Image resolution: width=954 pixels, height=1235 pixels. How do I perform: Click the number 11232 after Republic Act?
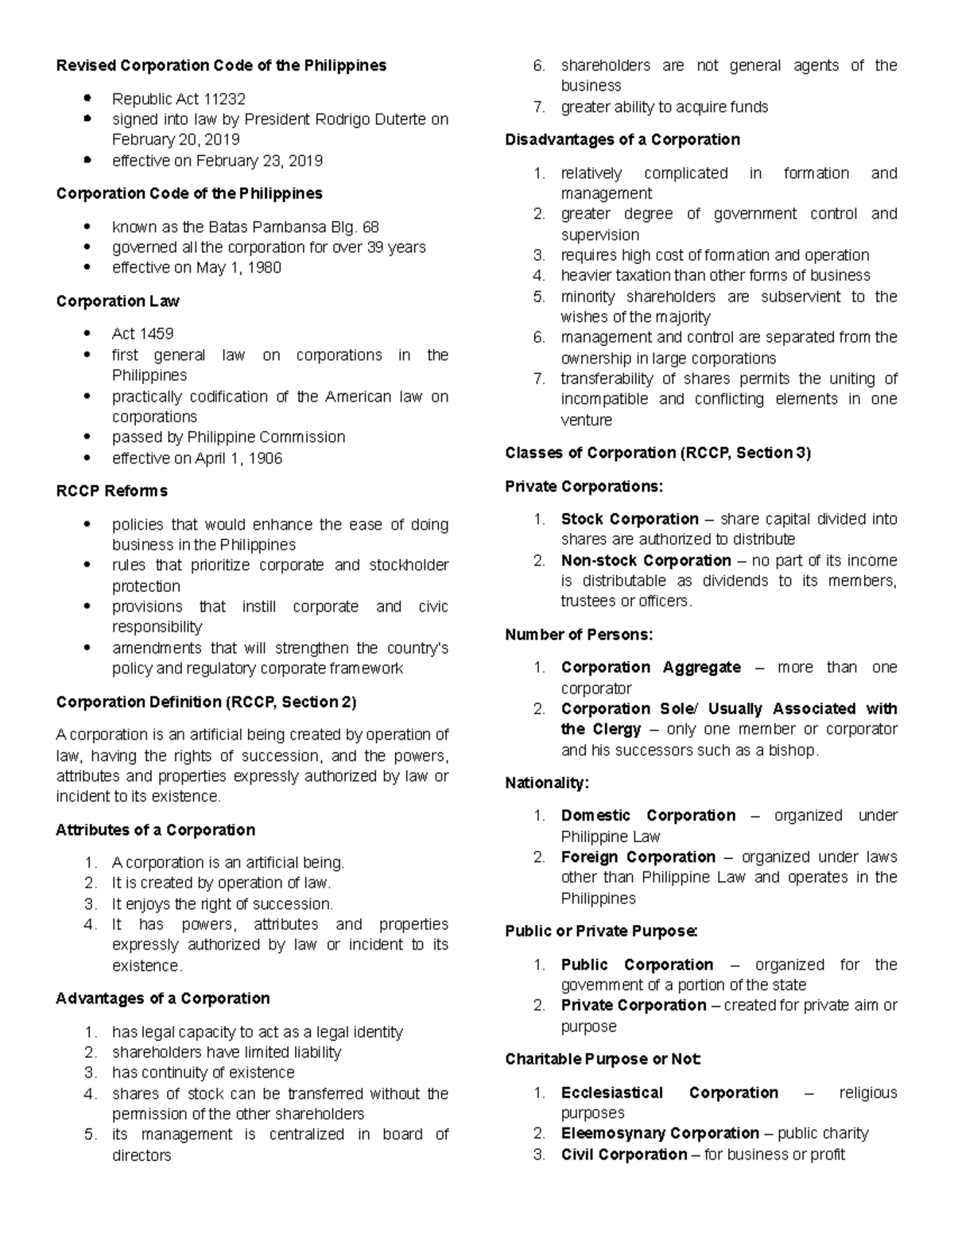pos(225,99)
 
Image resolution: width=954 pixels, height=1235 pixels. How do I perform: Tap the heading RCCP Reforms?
pos(111,491)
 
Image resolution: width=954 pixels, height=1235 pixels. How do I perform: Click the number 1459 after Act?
pos(157,333)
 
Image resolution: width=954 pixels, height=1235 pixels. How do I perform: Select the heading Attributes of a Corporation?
pos(156,829)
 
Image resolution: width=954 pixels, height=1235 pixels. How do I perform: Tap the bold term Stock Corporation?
pos(630,519)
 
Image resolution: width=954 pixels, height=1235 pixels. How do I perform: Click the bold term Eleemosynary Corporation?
pos(660,1133)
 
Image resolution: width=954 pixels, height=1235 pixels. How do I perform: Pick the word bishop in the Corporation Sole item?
pos(792,750)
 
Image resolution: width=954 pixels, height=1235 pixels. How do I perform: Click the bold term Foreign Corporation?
pos(638,856)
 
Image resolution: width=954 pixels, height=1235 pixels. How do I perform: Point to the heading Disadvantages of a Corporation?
pos(622,140)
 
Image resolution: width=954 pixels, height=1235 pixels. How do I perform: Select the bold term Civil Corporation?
pos(624,1154)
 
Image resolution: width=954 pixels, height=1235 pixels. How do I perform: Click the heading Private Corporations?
pos(584,486)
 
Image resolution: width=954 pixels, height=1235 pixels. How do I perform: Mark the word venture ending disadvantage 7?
pos(587,420)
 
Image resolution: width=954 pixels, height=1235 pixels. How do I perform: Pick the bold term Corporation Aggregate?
pos(651,667)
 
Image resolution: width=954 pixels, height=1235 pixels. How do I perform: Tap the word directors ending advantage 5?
pos(142,1155)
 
